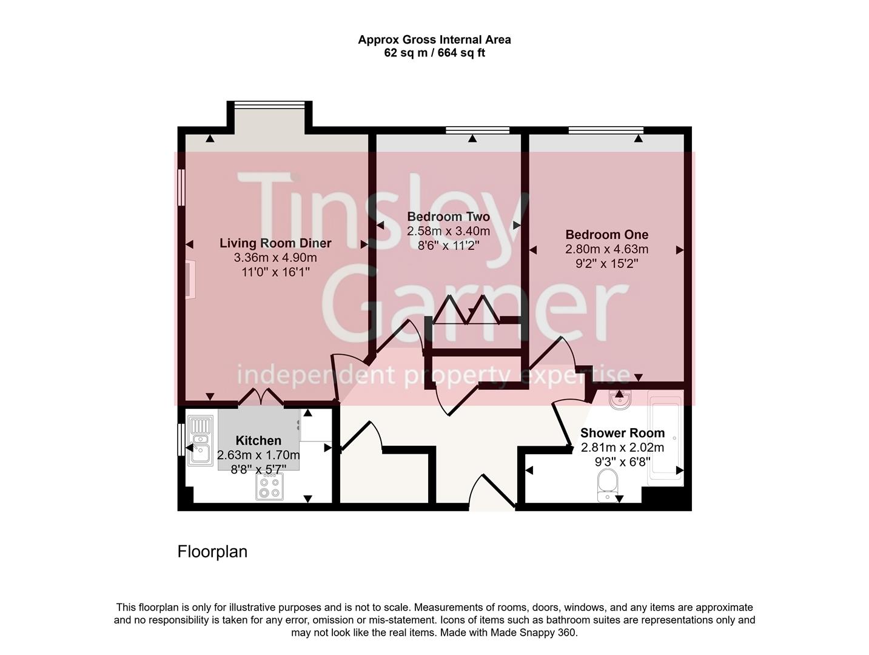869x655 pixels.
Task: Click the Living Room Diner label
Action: tap(275, 243)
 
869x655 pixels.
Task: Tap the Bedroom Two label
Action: tap(448, 217)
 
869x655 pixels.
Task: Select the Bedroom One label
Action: tap(606, 235)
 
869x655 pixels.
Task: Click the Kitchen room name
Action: tap(258, 441)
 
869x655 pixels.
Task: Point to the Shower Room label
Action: tap(622, 433)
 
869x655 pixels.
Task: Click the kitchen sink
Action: tap(200, 440)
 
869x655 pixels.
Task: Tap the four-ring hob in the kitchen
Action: tap(270, 486)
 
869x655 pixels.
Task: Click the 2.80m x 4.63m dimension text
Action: tap(606, 249)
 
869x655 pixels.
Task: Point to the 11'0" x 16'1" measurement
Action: tap(275, 272)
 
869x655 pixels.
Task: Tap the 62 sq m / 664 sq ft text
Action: tap(434, 53)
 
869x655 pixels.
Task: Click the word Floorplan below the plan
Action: tap(212, 552)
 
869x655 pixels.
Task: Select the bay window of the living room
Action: tap(270, 106)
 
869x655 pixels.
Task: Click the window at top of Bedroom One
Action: tap(606, 130)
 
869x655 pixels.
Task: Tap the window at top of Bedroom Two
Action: tap(477, 130)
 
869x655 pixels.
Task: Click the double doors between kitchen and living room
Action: tap(261, 397)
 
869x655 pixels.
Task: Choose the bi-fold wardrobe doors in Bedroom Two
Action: tap(467, 309)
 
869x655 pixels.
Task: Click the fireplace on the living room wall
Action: tap(190, 280)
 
